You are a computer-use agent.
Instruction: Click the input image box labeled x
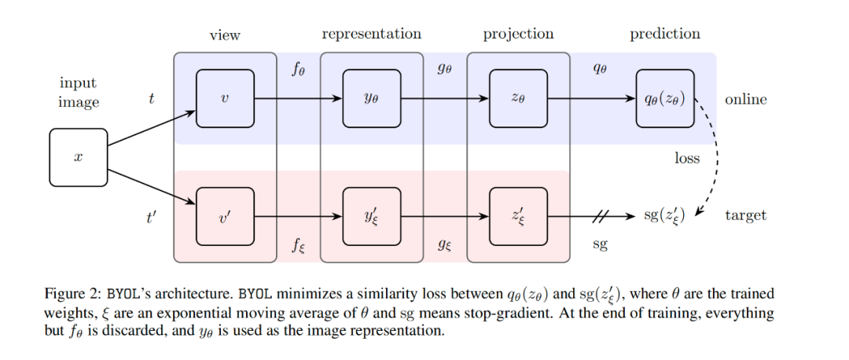point(79,157)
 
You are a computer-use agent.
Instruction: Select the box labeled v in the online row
point(226,98)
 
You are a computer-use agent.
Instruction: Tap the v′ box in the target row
point(226,216)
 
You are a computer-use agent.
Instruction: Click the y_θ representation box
point(372,98)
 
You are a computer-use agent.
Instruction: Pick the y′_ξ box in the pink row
point(372,216)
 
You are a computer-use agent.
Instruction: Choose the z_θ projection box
point(519,98)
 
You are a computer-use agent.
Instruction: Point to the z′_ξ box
point(519,216)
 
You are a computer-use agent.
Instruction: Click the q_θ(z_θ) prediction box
point(665,98)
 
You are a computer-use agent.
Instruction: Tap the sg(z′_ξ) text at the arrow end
point(664,215)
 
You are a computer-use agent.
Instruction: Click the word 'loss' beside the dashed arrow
point(687,158)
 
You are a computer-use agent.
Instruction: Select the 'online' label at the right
point(746,100)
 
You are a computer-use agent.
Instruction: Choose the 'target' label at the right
point(746,215)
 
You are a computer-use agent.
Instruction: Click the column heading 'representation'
point(371,34)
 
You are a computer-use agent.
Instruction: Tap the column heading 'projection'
point(519,34)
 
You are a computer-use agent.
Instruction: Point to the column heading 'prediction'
point(665,34)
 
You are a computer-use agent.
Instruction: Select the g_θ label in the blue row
point(444,69)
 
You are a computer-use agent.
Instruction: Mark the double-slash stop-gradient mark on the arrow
point(601,216)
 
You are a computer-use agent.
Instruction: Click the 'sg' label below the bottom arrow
point(600,244)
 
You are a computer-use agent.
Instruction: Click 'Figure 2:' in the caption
point(72,295)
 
